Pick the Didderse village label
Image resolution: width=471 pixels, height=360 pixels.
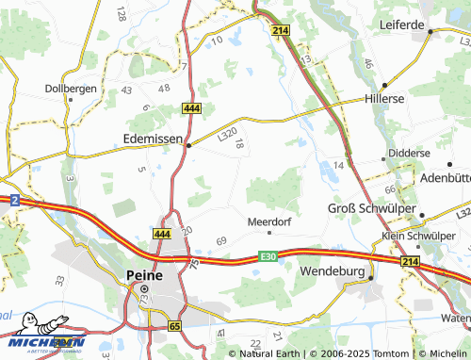[408, 153]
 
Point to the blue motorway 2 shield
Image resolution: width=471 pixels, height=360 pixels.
[15, 200]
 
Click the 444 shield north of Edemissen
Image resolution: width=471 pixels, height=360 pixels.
[190, 110]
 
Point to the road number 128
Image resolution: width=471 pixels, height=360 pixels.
[121, 13]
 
